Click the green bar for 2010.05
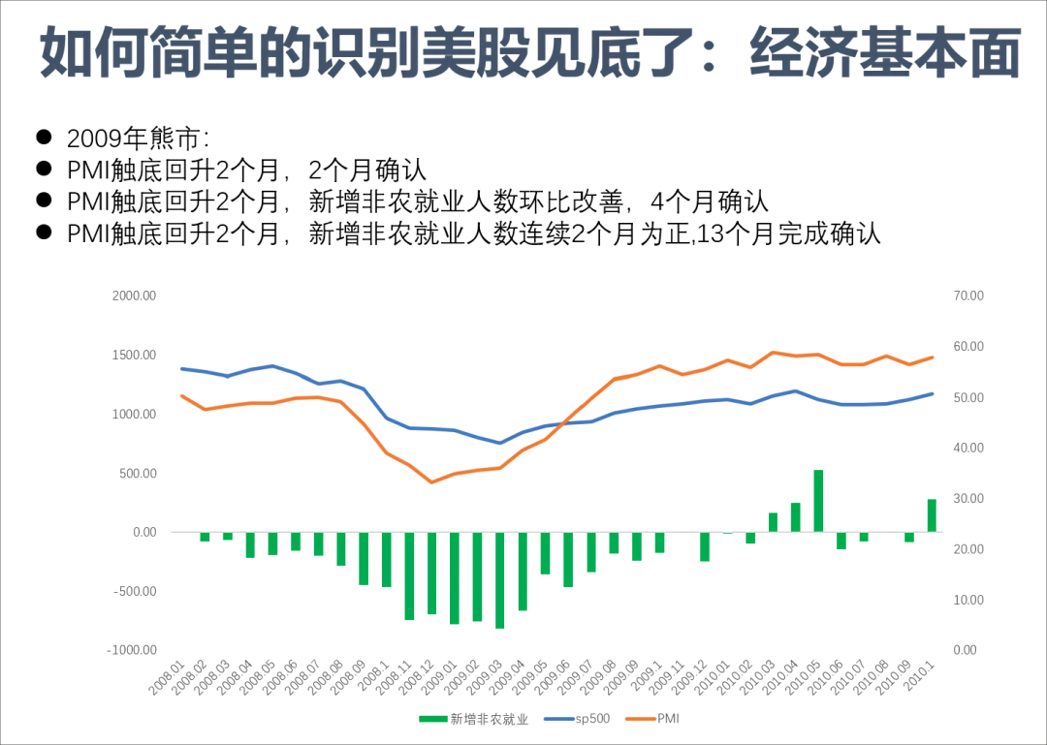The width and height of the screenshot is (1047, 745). [818, 501]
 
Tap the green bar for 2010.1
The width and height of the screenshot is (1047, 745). [931, 515]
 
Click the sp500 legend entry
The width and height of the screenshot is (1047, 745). [587, 718]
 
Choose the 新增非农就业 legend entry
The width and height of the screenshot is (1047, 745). [474, 718]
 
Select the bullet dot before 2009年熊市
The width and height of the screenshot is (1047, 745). [44, 137]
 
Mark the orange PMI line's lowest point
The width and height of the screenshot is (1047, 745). [432, 481]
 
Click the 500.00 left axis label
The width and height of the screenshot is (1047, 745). [134, 474]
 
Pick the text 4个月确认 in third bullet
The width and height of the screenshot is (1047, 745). [710, 202]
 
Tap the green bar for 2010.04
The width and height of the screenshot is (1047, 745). [796, 517]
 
